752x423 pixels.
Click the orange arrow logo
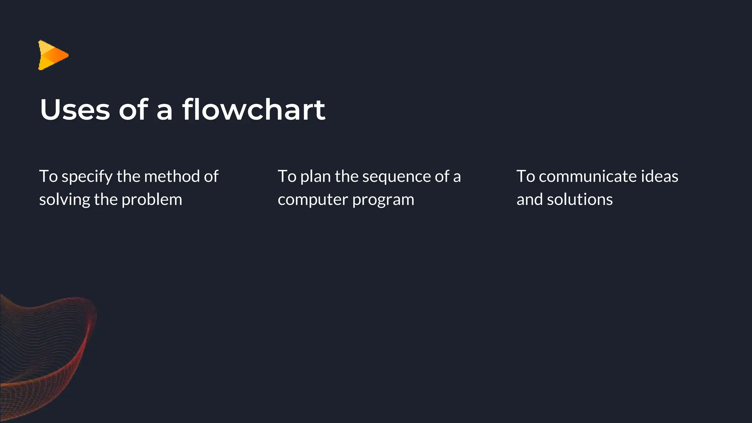click(53, 55)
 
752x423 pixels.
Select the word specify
click(87, 177)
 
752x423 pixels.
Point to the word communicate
click(587, 176)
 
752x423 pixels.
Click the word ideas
click(659, 176)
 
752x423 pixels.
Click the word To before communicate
click(525, 176)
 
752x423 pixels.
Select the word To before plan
click(287, 176)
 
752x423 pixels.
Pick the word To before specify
click(48, 176)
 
